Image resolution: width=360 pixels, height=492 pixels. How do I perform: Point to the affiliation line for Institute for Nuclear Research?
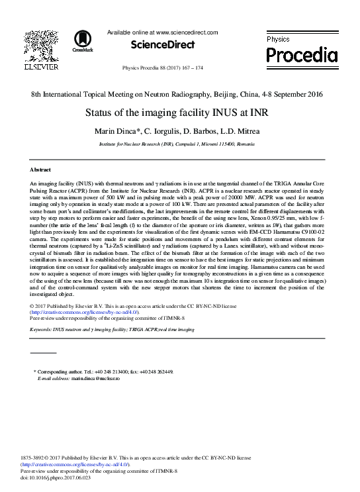[180, 142]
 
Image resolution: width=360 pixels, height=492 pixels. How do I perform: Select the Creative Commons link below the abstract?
[85, 311]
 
